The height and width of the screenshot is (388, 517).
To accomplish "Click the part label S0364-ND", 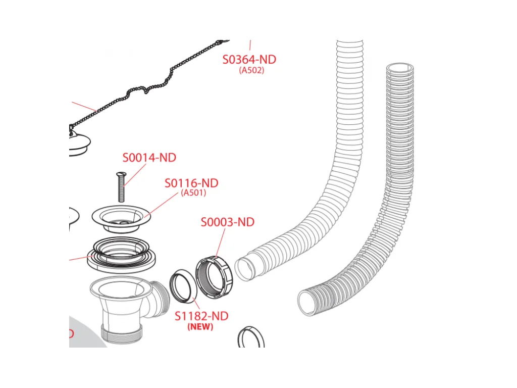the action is point(249,60).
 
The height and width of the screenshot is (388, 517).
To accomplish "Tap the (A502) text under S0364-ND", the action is point(251,70).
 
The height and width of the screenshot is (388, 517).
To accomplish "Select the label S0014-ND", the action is point(149,158).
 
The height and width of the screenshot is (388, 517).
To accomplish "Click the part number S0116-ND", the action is point(191,183).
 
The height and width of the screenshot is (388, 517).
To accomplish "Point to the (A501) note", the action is point(193,192).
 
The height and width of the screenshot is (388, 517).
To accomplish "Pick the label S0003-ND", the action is point(228,222).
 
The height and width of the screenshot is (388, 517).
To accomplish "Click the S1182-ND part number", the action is point(201,316).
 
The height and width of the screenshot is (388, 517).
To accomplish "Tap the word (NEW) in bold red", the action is point(200,327).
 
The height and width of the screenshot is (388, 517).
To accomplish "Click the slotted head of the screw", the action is point(121,174).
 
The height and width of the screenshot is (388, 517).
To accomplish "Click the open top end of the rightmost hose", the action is point(400,68).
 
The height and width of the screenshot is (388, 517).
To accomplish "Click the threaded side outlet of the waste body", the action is point(160,299).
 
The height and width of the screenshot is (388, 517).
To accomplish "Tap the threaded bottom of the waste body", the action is point(122,334).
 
